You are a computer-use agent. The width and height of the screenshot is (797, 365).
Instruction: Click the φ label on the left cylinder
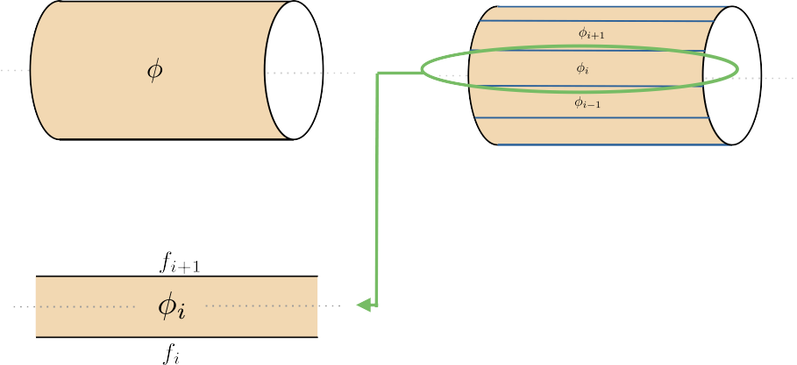pyautogui.click(x=154, y=71)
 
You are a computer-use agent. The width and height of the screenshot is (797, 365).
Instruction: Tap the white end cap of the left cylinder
pyautogui.click(x=294, y=70)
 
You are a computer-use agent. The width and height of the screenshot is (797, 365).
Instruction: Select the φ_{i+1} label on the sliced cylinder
pyautogui.click(x=592, y=32)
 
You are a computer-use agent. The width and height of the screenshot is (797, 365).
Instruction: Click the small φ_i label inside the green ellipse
pyautogui.click(x=582, y=67)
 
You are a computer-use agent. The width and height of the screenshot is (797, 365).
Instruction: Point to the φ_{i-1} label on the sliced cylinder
pyautogui.click(x=587, y=102)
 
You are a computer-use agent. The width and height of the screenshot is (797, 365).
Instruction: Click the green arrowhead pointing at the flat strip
pyautogui.click(x=363, y=305)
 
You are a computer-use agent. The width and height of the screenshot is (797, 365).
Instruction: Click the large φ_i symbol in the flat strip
pyautogui.click(x=171, y=306)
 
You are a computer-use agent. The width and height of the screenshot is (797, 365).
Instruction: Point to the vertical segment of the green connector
pyautogui.click(x=377, y=193)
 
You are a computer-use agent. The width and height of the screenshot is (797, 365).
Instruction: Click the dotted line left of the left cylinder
pyautogui.click(x=13, y=69)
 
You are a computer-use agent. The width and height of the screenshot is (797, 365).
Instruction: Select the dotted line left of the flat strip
pyautogui.click(x=23, y=306)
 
